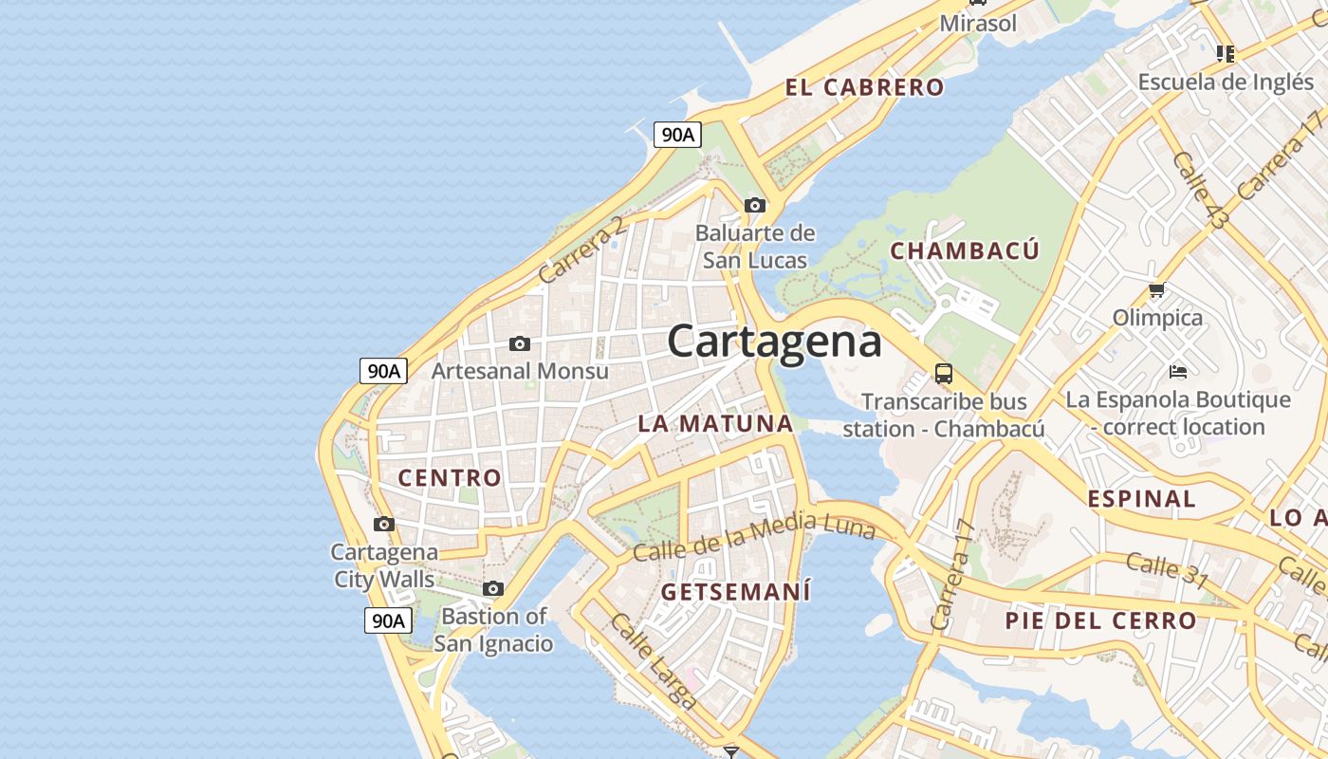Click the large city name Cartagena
coord(774,342)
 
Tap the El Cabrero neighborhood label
coord(864,88)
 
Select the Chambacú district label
coord(965,251)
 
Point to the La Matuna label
coord(715,423)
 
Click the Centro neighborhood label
coord(450,477)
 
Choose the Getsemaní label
coord(736,592)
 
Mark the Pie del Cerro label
coord(1101,621)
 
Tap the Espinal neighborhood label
coord(1141,499)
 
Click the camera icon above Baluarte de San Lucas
coord(755,205)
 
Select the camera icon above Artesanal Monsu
coord(520,343)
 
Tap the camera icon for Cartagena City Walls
coord(384,524)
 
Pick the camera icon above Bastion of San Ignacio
coord(493,589)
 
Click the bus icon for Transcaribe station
coord(944,374)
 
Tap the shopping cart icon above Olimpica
coord(1156,290)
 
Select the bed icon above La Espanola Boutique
coord(1178,371)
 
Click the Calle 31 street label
coord(1167,568)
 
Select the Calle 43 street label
coord(1198,190)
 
